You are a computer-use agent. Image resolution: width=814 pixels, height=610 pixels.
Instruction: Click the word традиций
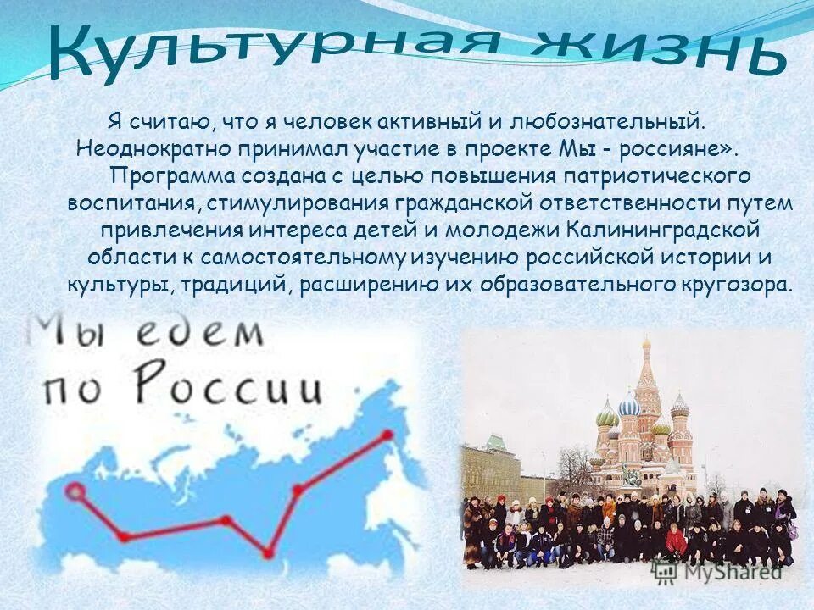click(237, 284)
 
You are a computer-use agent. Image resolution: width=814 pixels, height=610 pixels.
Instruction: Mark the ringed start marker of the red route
click(76, 491)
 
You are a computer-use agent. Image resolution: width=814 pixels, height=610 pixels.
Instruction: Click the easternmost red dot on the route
click(387, 435)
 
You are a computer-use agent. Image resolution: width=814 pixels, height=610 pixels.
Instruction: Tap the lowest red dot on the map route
click(268, 553)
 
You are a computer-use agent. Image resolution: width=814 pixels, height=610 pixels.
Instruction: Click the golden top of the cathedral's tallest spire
click(646, 345)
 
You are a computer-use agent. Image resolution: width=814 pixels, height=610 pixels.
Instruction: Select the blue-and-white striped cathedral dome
click(629, 406)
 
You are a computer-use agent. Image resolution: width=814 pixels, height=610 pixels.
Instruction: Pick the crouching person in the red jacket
click(676, 541)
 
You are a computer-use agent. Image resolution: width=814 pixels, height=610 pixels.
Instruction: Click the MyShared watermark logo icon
click(664, 572)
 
